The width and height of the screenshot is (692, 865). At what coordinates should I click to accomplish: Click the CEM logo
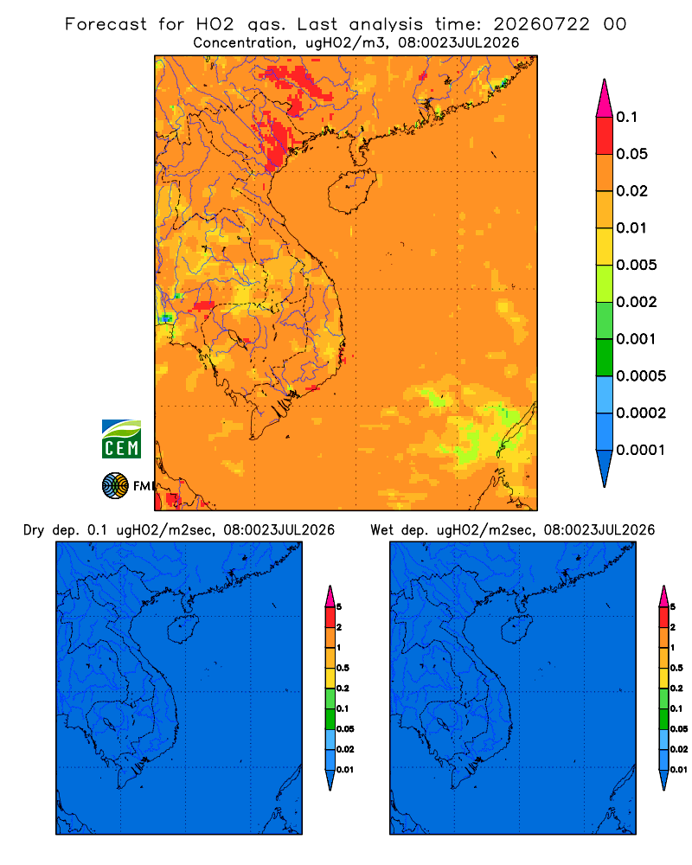121,439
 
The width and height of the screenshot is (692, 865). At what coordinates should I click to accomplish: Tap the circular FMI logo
115,485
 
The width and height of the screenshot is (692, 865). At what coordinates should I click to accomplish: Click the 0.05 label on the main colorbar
631,154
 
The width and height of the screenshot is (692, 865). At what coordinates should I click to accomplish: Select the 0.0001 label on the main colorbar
641,450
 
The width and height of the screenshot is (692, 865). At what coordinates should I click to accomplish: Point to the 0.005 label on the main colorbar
637,265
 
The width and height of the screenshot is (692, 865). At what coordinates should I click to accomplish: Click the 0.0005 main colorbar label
641,376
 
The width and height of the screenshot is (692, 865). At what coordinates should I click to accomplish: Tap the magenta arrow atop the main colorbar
605,99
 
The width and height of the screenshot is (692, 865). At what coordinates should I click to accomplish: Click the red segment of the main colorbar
605,136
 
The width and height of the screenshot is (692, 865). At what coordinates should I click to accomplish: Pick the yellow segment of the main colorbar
605,247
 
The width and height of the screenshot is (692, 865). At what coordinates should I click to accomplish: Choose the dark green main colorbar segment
605,357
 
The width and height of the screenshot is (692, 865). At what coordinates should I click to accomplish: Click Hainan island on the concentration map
352,191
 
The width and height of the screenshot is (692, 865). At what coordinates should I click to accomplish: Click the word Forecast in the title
106,24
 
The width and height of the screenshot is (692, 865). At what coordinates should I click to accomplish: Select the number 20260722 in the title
541,24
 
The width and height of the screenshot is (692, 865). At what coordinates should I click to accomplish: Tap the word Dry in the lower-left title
34,531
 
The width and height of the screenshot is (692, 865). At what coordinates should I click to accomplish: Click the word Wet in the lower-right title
381,530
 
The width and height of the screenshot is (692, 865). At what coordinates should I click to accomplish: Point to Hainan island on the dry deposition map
182,630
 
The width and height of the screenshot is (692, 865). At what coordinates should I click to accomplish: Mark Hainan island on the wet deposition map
516,630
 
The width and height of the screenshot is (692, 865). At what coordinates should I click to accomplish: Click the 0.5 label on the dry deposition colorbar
343,668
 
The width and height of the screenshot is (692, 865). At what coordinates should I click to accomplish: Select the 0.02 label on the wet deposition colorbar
679,749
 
